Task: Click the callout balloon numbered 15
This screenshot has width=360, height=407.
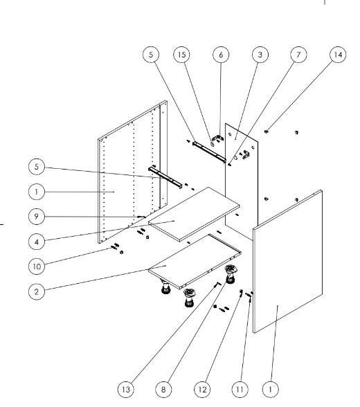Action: pyautogui.click(x=181, y=55)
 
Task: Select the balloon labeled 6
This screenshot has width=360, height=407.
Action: pyautogui.click(x=221, y=55)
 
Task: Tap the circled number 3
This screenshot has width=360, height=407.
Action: pyautogui.click(x=260, y=55)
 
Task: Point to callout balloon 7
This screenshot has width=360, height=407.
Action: pyautogui.click(x=298, y=55)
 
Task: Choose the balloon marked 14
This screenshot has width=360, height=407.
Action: pyautogui.click(x=338, y=55)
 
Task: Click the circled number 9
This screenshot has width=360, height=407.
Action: pyautogui.click(x=37, y=216)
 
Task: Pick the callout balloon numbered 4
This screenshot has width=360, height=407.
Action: pyautogui.click(x=37, y=242)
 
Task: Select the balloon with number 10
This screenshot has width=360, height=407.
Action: pyautogui.click(x=37, y=266)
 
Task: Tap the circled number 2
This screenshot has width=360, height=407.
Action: pyautogui.click(x=37, y=291)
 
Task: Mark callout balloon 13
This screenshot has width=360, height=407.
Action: pyautogui.click(x=125, y=389)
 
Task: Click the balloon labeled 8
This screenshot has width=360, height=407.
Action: pyautogui.click(x=163, y=389)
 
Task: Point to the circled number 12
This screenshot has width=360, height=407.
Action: pyautogui.click(x=202, y=389)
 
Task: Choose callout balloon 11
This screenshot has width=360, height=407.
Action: pyautogui.click(x=240, y=389)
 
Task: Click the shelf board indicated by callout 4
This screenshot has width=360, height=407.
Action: pyautogui.click(x=194, y=214)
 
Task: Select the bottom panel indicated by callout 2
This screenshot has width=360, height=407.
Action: pyautogui.click(x=195, y=262)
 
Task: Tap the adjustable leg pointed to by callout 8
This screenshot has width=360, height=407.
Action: pyautogui.click(x=230, y=274)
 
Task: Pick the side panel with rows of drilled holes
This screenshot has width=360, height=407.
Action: pyautogui.click(x=132, y=172)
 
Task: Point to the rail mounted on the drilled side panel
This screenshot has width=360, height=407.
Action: pyautogui.click(x=165, y=178)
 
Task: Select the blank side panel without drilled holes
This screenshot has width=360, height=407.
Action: pyautogui.click(x=287, y=261)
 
